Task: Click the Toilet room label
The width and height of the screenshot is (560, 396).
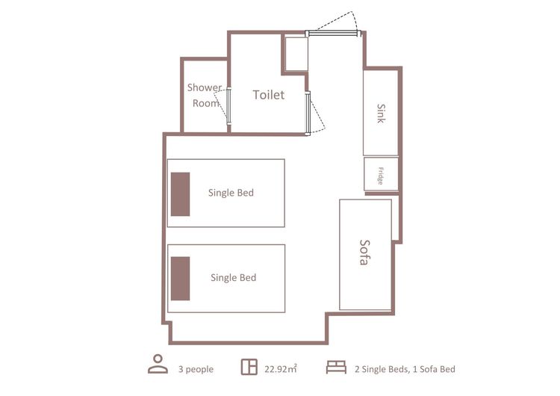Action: click(269, 95)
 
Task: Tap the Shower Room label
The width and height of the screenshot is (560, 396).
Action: click(205, 95)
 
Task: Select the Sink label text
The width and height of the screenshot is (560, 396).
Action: click(381, 114)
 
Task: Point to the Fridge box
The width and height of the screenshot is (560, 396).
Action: click(381, 174)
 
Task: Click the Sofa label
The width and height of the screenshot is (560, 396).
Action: click(364, 253)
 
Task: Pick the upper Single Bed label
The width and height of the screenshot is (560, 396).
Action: click(231, 193)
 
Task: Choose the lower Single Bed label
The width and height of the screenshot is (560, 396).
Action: click(233, 278)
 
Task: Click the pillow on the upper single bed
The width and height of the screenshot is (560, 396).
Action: click(180, 194)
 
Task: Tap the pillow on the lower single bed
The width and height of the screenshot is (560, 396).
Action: click(180, 279)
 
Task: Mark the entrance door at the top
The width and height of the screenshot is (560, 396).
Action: click(333, 33)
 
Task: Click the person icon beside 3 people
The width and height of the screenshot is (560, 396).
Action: click(158, 364)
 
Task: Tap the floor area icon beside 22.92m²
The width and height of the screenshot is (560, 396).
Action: click(249, 367)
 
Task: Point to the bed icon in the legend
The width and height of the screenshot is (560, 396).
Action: click(336, 367)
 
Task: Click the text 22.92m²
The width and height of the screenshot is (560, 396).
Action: click(281, 369)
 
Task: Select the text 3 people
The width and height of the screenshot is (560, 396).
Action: click(196, 369)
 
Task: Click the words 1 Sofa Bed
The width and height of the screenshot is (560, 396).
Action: click(434, 369)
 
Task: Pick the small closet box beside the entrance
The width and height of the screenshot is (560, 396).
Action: click(296, 54)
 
